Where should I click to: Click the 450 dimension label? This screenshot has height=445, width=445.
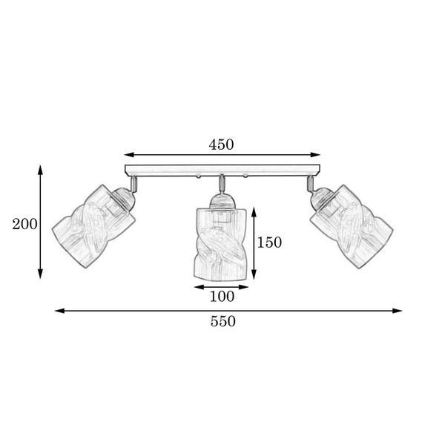coord(221,145)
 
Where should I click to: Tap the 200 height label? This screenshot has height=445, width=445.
coord(24,224)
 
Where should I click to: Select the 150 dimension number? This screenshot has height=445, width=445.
coord(269,243)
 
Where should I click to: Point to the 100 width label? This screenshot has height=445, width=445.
coord(222,297)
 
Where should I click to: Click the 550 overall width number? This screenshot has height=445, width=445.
coord(223,322)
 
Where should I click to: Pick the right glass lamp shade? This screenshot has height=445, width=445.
coord(352,227)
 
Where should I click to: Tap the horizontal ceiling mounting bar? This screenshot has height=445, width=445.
coord(222,171)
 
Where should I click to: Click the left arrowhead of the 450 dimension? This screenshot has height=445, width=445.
coord(129,155)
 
